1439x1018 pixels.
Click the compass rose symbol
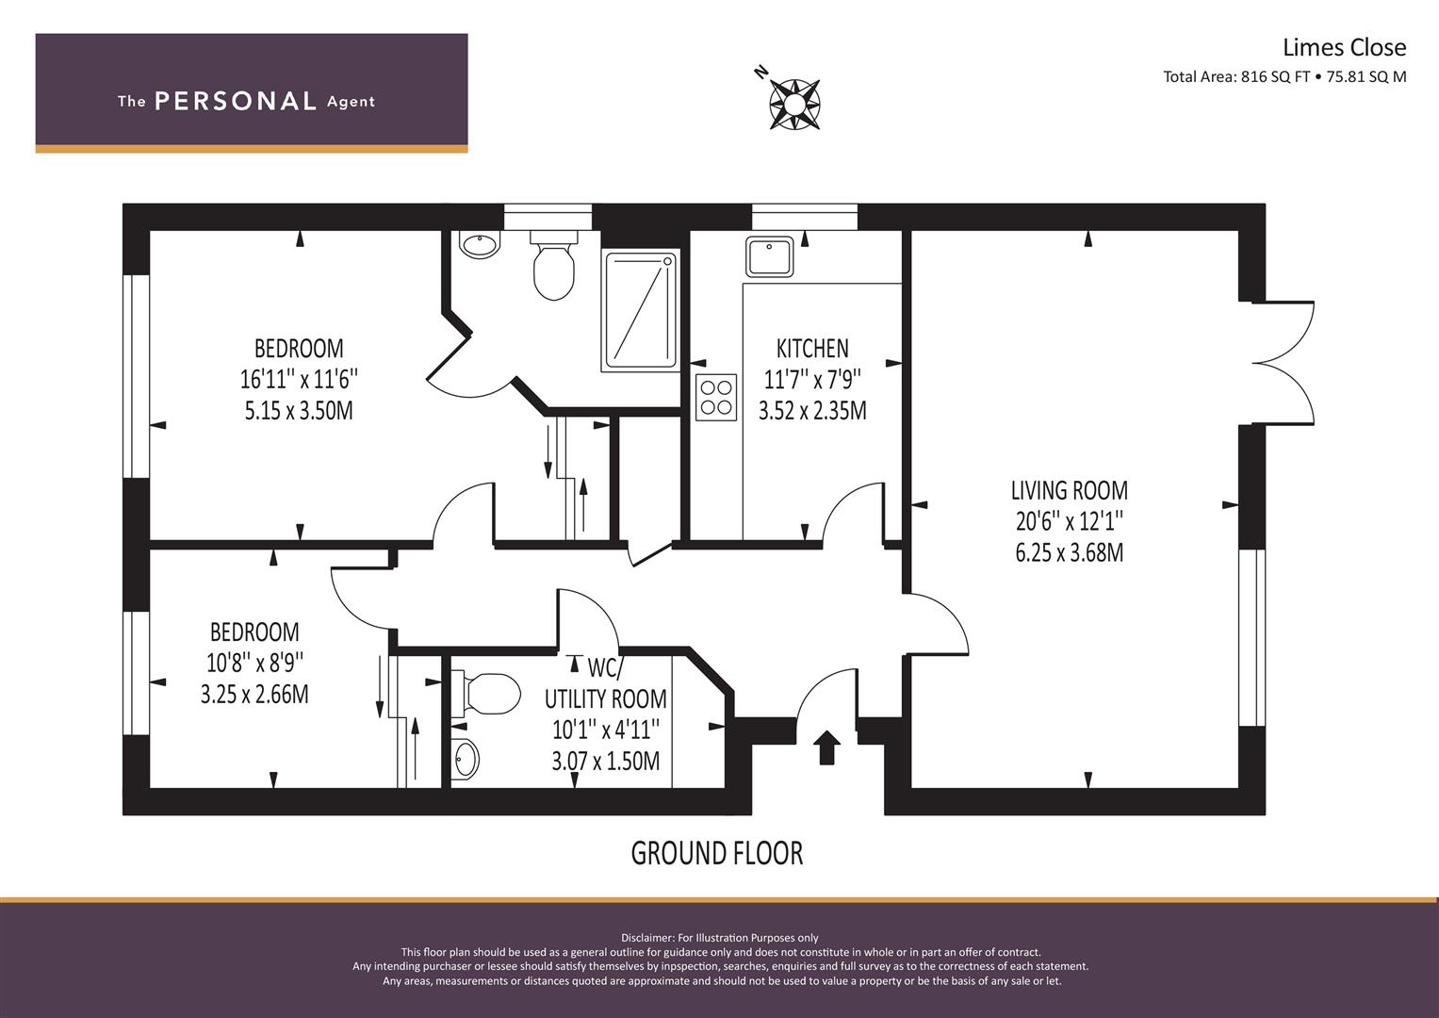[x=794, y=104]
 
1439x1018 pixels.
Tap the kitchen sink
[x=769, y=256]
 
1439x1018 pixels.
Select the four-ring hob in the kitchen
[x=716, y=397]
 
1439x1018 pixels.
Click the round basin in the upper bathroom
[x=480, y=245]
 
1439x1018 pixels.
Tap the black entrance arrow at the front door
[x=826, y=747]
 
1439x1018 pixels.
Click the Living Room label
[x=1069, y=490]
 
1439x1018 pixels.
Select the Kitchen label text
[x=812, y=349]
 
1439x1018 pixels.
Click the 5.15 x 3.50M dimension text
[x=299, y=410]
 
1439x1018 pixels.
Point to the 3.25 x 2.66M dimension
[x=254, y=694]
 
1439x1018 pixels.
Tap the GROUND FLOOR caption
[x=717, y=853]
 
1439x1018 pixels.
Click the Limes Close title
[x=1345, y=47]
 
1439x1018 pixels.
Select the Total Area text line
[x=1284, y=77]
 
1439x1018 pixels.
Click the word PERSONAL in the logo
[x=236, y=101]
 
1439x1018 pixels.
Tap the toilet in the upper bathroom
[x=553, y=266]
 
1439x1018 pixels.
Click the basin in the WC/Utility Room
[x=465, y=760]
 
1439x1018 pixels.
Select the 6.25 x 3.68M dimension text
[x=1069, y=552]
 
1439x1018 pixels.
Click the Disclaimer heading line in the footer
[x=720, y=938]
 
